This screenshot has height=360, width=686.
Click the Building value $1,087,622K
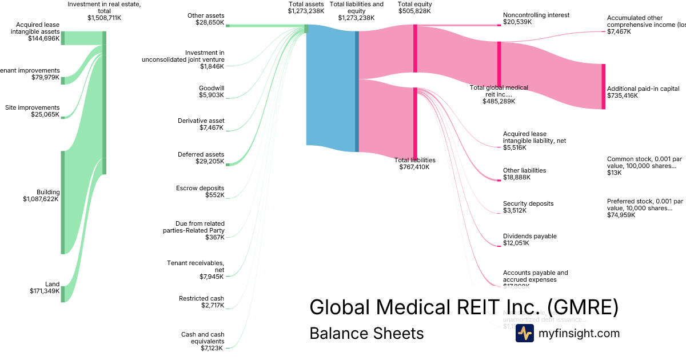click(x=41, y=199)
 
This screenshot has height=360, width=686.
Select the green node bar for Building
click(x=63, y=202)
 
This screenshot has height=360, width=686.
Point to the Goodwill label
click(x=212, y=88)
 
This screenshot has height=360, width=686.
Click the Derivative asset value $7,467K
click(x=212, y=128)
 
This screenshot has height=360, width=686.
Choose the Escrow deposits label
click(x=200, y=188)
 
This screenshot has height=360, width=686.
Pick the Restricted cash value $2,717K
click(x=212, y=306)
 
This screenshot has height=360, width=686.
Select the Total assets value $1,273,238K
click(x=306, y=11)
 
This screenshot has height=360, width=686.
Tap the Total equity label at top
click(x=415, y=4)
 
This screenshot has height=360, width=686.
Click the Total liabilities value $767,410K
click(x=414, y=167)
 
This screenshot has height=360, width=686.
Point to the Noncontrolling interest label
click(x=536, y=15)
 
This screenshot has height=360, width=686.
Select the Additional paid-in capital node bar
click(x=603, y=86)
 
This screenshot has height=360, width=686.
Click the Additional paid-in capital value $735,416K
click(x=623, y=96)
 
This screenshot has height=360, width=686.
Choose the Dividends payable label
click(x=529, y=236)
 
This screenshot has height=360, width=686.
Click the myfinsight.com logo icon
click(x=524, y=333)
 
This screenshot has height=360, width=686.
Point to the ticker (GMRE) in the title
click(x=583, y=307)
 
